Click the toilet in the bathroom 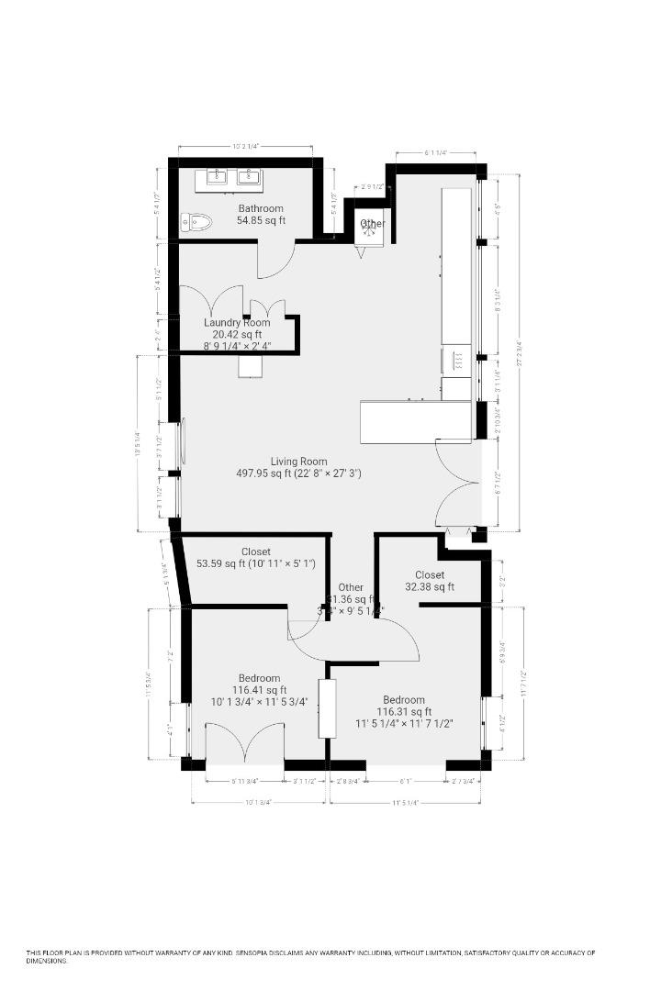[x=196, y=221]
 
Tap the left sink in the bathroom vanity [x=218, y=176]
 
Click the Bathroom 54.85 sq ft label [x=261, y=215]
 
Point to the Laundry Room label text [x=237, y=323]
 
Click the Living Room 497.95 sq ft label [x=298, y=468]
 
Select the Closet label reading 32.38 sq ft [x=430, y=581]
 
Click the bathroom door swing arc [x=275, y=262]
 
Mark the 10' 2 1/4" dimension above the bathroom [x=245, y=146]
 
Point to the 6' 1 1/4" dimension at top [x=436, y=153]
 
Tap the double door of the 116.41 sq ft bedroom [x=244, y=743]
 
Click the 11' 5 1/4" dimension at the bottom [x=405, y=803]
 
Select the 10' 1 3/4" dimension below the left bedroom [x=258, y=803]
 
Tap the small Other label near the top [x=373, y=224]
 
